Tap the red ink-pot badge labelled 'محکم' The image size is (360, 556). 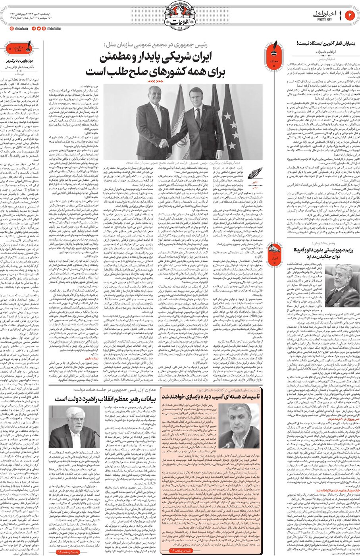[x=273, y=53]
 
